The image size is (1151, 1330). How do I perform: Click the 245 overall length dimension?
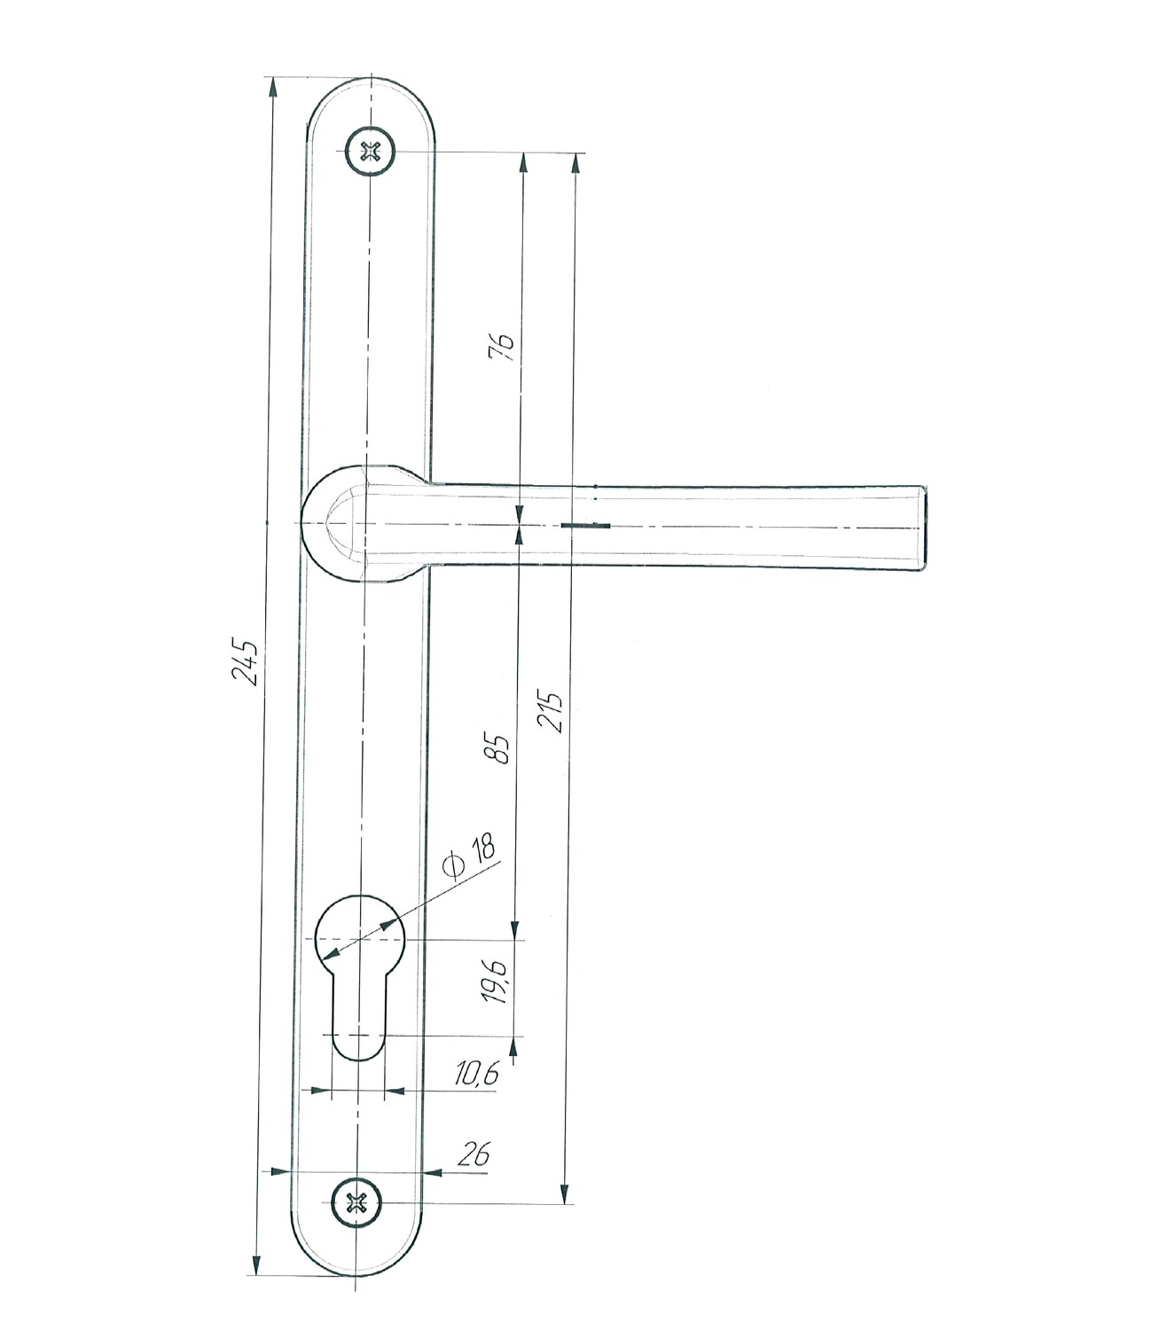click(x=245, y=662)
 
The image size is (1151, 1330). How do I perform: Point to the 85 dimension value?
click(x=499, y=747)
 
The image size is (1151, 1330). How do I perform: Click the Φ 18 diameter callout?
click(x=470, y=856)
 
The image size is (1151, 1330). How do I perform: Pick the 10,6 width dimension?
click(x=477, y=1074)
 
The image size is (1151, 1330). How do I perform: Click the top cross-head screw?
click(x=370, y=152)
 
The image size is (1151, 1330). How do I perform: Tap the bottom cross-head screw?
click(x=356, y=1202)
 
